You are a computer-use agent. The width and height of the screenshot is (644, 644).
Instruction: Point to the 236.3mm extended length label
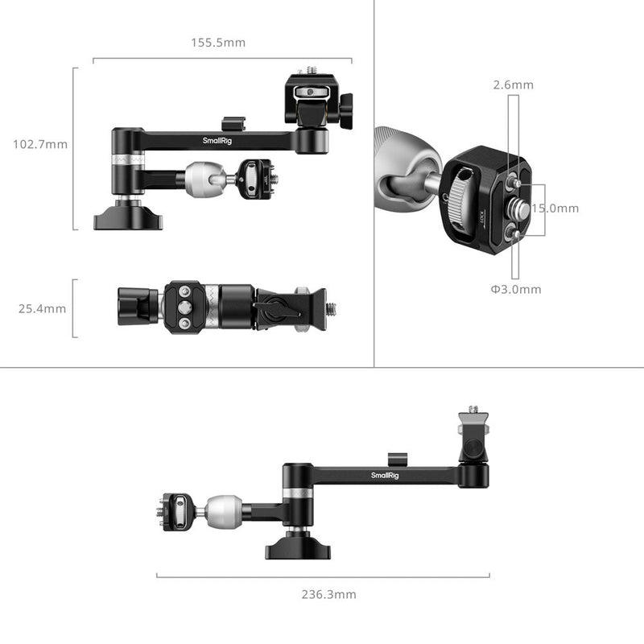[323, 594]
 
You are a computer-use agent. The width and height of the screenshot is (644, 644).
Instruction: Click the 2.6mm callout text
[514, 85]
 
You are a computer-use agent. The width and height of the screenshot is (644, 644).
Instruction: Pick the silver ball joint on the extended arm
[220, 510]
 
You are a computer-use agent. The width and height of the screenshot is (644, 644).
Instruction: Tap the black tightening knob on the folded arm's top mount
[346, 112]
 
